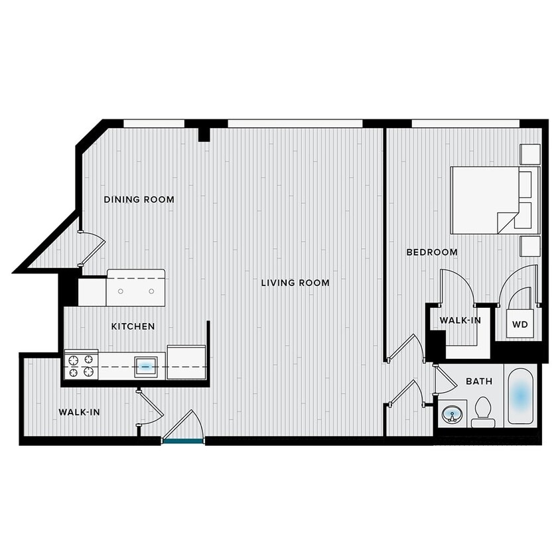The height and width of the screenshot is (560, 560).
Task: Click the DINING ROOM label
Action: click(139, 199)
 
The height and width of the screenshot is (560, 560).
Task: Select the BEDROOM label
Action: click(432, 252)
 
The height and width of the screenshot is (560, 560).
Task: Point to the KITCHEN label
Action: click(133, 326)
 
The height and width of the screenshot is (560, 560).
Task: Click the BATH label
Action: click(478, 382)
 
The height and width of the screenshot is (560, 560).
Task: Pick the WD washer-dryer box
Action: click(521, 324)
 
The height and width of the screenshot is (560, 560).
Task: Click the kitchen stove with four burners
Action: click(81, 366)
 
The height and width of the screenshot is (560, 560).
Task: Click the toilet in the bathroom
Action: click(482, 412)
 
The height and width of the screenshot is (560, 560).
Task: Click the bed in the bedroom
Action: click(484, 200)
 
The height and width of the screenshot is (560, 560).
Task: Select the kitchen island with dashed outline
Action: click(135, 288)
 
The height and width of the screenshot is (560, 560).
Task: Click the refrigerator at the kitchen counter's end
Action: click(186, 362)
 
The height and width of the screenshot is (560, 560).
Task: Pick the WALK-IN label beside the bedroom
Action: click(460, 320)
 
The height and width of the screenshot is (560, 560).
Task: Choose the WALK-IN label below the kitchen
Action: click(79, 412)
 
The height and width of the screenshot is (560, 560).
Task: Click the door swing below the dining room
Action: click(92, 249)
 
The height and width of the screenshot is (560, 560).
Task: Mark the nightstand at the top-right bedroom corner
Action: click(531, 154)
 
